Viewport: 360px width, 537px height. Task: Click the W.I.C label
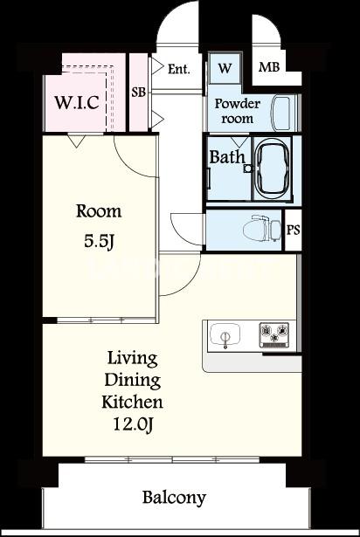pos(77,102)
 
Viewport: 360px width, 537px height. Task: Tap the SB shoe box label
pos(139,93)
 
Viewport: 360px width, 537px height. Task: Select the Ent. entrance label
pos(178,70)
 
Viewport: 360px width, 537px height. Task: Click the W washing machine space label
pos(225,68)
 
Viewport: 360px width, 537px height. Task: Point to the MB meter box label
pos(269,67)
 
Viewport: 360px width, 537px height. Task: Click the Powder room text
pos(238,111)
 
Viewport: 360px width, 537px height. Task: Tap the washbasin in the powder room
pos(280,113)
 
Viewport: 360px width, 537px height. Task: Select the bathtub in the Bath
pos(273,169)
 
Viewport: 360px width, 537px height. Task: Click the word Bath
pos(227,157)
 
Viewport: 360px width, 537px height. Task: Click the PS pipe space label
pos(293,230)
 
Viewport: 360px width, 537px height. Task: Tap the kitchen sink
pos(225,335)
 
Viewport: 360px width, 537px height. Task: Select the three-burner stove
pos(273,334)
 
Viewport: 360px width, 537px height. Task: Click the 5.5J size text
pos(99,242)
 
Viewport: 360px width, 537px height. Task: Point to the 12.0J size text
pos(133,424)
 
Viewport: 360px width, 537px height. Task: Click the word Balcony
pos(174,498)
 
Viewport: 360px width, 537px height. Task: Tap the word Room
pos(99,211)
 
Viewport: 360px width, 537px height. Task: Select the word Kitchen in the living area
pos(132,402)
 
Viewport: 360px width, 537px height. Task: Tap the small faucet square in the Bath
pos(247,169)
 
